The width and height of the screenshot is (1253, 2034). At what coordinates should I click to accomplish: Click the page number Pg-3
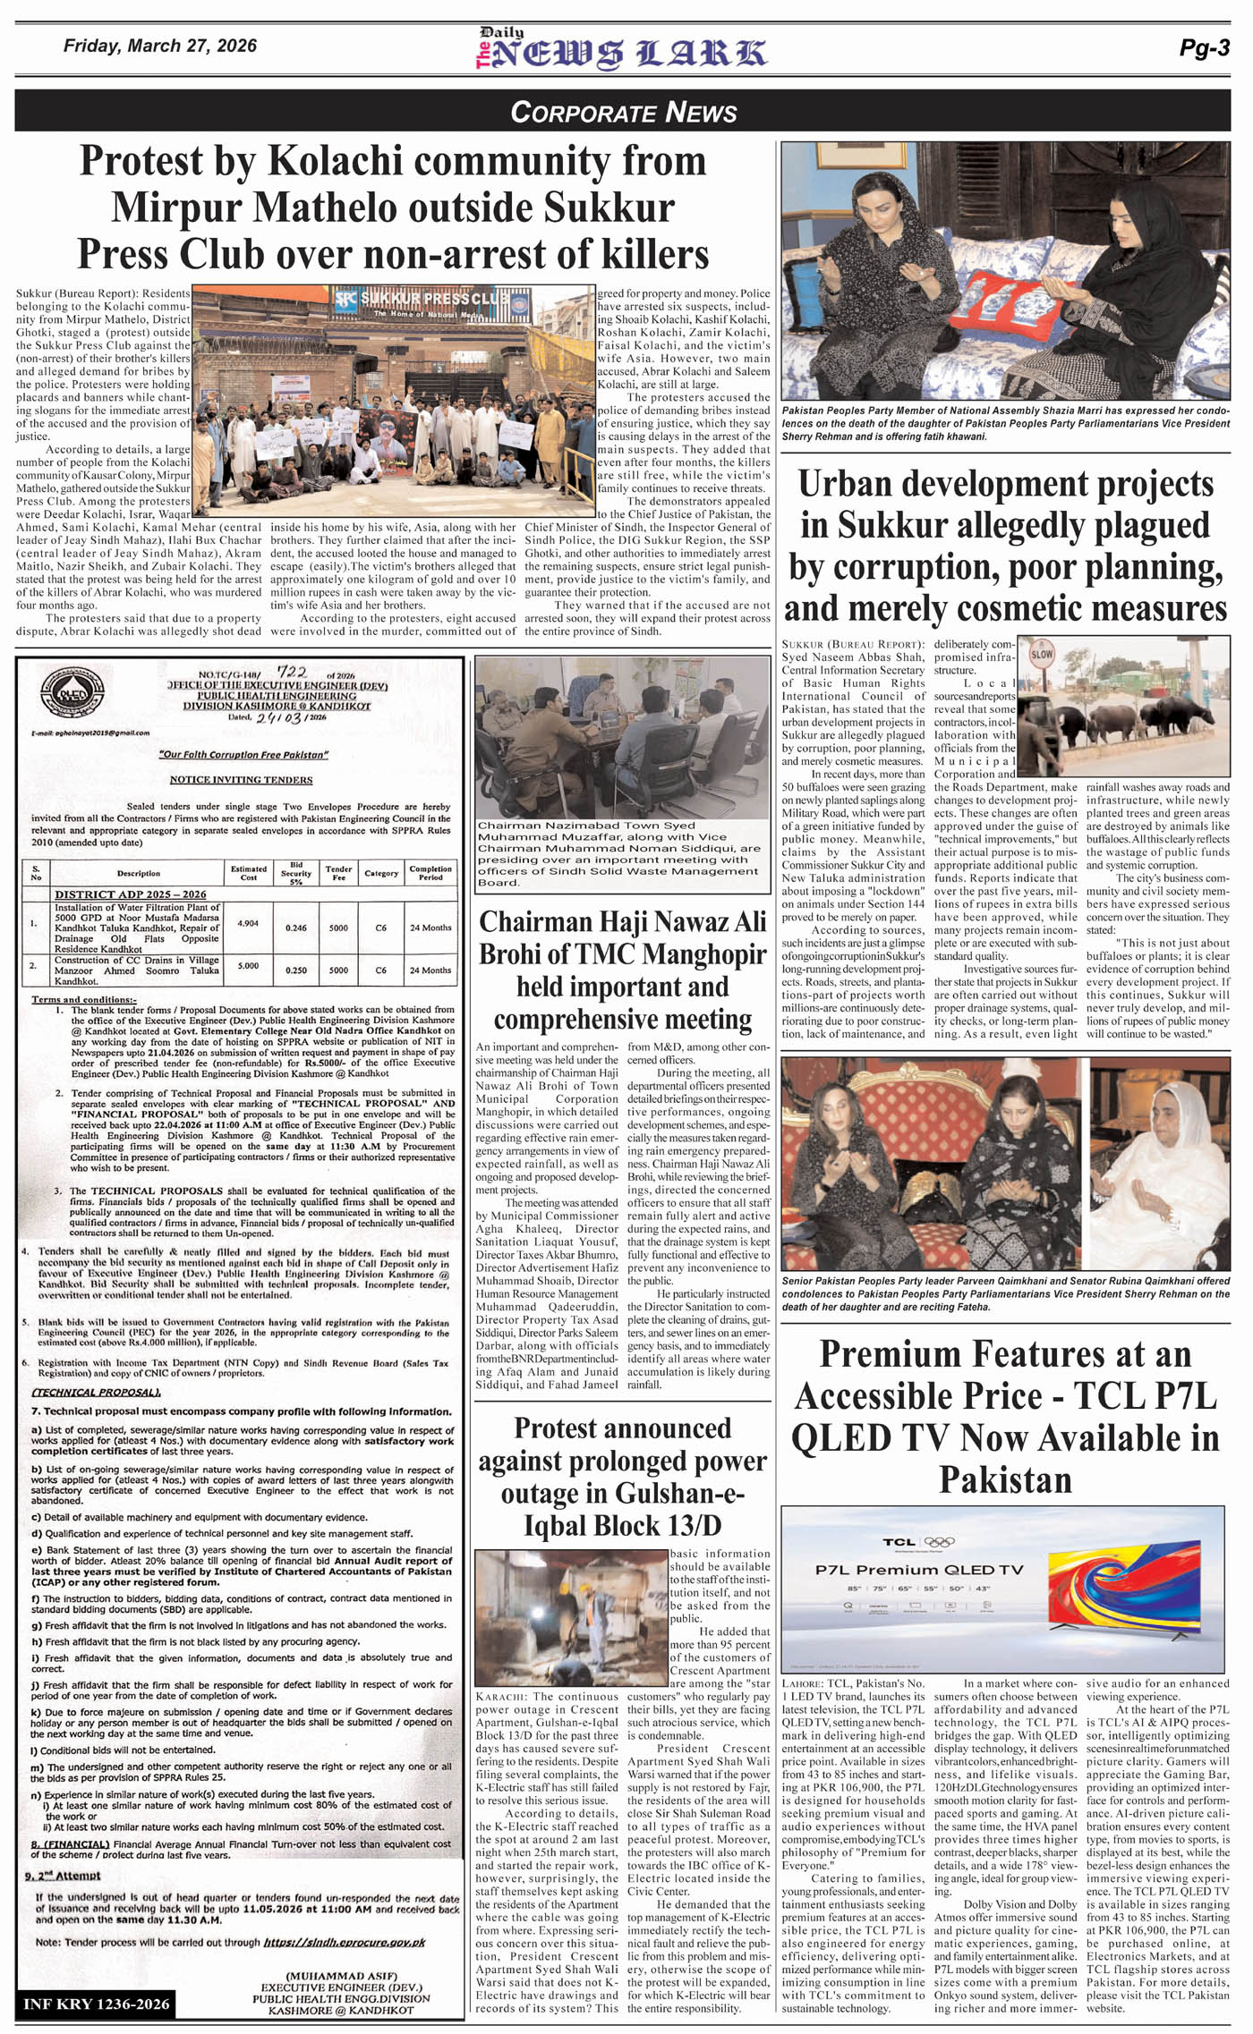[1204, 49]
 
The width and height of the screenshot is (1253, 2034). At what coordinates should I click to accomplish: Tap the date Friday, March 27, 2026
[160, 47]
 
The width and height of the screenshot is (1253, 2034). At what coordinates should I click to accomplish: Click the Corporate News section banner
[624, 112]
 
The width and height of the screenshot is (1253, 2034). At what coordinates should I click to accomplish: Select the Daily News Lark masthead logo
[621, 49]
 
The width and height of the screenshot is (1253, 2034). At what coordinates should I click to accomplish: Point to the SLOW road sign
[1042, 654]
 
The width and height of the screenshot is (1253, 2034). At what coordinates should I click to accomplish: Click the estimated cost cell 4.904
[248, 923]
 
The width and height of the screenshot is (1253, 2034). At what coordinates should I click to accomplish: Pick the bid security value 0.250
[296, 970]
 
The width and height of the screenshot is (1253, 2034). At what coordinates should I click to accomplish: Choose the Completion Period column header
[430, 872]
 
